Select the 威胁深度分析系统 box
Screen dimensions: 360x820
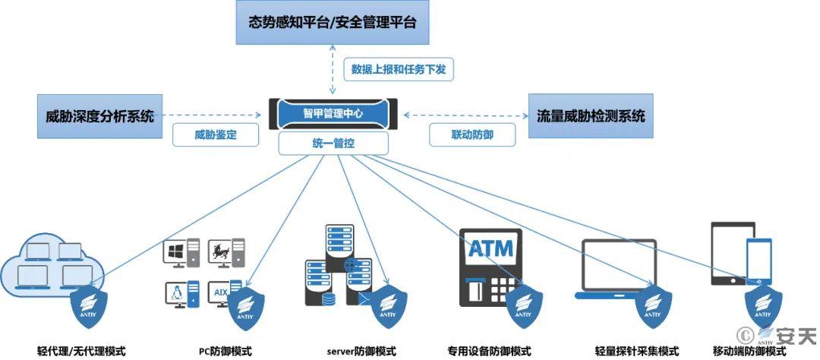coord(99,116)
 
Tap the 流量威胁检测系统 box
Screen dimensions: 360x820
coord(591,116)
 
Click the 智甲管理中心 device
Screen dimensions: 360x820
coord(333,114)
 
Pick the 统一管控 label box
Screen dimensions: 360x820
coord(333,142)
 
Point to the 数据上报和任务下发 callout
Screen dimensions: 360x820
coord(399,70)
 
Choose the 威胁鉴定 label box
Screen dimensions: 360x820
coord(216,135)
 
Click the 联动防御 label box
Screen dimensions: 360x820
coord(472,135)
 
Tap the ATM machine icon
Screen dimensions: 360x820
coord(490,266)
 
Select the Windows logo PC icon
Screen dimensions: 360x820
coord(182,250)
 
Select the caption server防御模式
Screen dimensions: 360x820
coord(361,351)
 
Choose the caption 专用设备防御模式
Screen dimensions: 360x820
coord(500,351)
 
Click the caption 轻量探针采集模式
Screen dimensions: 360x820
coord(636,351)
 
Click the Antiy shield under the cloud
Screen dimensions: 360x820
coord(89,308)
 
